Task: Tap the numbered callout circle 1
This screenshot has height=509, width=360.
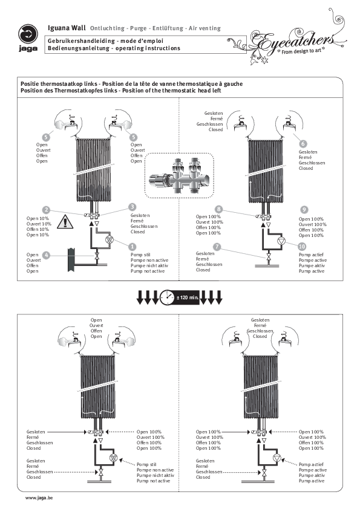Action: (133, 247)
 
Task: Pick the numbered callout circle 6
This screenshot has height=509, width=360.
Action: (303, 143)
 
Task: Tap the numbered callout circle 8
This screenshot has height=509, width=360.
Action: (218, 209)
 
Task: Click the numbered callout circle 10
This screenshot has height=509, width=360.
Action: (303, 245)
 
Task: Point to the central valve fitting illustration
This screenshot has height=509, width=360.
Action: (180, 173)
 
